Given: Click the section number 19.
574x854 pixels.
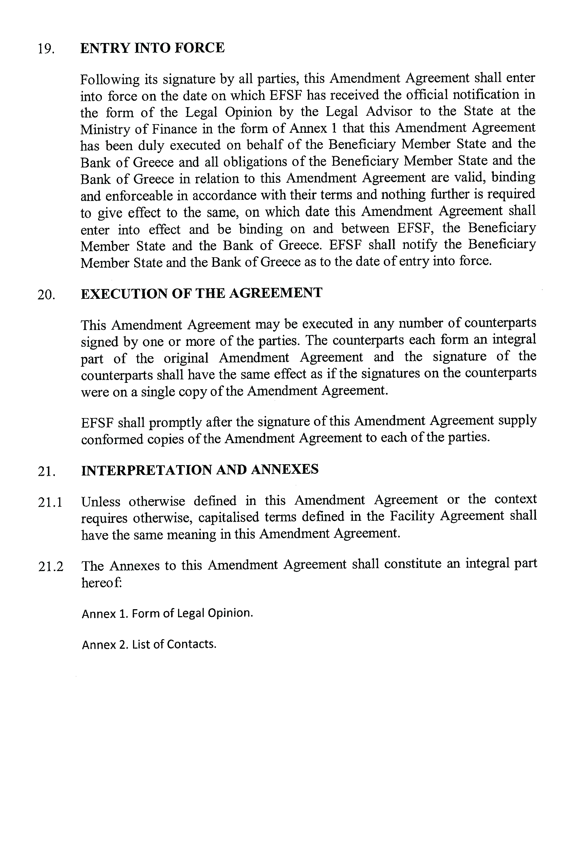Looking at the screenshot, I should point(46,49).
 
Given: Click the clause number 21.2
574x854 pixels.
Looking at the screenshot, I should point(51,567).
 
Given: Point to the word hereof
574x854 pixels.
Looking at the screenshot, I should point(101,582).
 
